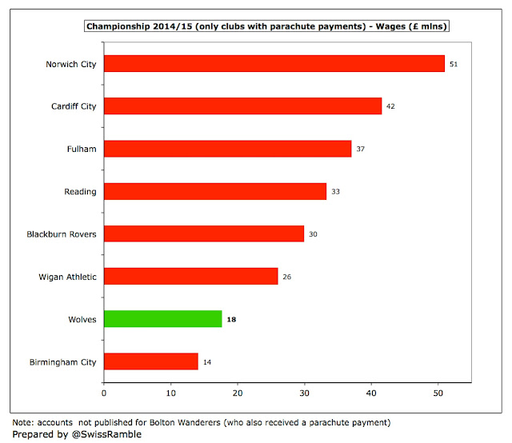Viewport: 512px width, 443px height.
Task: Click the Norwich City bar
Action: click(x=274, y=64)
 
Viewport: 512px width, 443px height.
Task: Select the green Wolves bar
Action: click(x=163, y=319)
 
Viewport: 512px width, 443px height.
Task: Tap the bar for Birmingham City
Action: click(x=151, y=361)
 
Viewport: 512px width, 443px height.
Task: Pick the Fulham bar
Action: click(x=227, y=149)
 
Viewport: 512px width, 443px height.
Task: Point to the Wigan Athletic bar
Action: click(x=191, y=276)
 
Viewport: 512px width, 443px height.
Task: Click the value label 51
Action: click(x=454, y=64)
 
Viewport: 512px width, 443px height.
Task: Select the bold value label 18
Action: click(x=231, y=319)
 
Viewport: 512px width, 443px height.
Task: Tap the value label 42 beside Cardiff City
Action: click(x=390, y=106)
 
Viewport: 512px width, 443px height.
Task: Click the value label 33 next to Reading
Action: click(x=336, y=192)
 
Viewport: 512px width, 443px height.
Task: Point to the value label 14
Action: click(x=207, y=362)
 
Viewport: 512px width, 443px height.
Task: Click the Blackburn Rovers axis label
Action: click(x=62, y=234)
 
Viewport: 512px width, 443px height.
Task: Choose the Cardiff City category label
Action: click(x=74, y=106)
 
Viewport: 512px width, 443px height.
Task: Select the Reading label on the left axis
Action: click(x=80, y=192)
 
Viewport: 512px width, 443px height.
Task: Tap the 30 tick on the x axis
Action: click(x=304, y=393)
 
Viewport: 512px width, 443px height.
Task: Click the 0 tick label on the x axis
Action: click(x=104, y=393)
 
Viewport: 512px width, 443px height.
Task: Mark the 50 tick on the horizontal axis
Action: click(x=438, y=393)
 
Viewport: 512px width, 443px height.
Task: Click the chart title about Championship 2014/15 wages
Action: click(x=266, y=26)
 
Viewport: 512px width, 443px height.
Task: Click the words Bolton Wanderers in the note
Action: click(x=185, y=422)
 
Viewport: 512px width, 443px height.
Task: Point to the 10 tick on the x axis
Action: click(x=170, y=393)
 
